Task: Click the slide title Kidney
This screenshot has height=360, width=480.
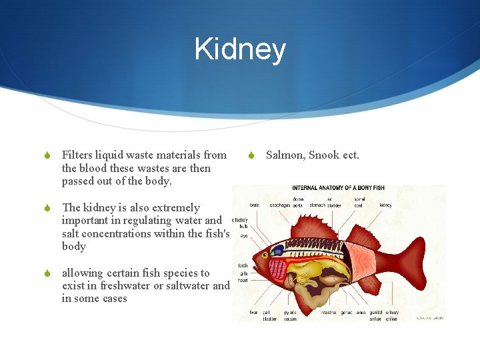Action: click(x=240, y=50)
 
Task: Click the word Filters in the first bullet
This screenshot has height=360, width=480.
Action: click(x=79, y=155)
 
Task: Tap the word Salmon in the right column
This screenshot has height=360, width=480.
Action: click(x=285, y=155)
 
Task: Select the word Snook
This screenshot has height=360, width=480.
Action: click(x=325, y=155)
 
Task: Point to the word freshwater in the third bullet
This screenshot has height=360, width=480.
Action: click(x=112, y=286)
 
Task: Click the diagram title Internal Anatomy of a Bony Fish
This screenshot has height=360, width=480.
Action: click(x=340, y=189)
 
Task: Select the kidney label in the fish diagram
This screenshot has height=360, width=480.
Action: click(x=385, y=205)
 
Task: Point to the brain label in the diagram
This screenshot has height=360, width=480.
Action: click(x=255, y=205)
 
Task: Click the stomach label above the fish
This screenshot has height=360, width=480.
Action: click(x=317, y=205)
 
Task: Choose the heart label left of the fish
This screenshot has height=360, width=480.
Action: click(x=243, y=280)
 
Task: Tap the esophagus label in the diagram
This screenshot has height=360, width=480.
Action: click(x=279, y=205)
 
